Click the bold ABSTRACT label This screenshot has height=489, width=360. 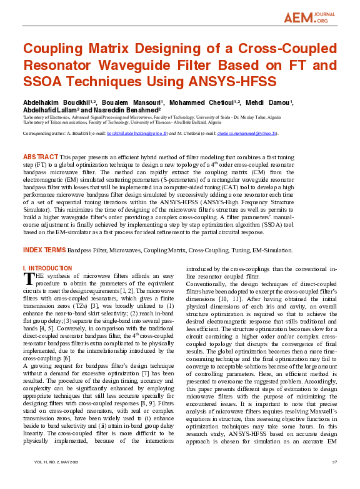40,156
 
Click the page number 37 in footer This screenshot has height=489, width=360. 334,479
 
